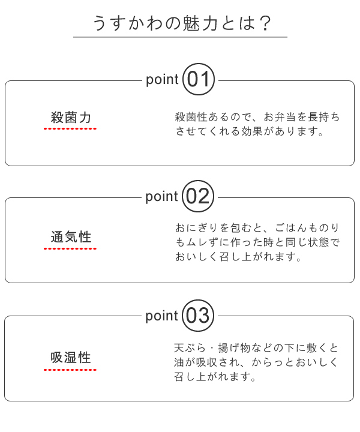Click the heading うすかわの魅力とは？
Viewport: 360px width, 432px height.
point(180,23)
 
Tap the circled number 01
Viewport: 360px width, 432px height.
point(198,79)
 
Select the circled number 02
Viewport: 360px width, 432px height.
point(198,196)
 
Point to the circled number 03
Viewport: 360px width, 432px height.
point(198,315)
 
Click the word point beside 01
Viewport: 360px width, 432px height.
point(162,79)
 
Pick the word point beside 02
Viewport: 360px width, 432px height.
point(162,197)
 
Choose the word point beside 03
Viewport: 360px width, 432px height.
point(162,316)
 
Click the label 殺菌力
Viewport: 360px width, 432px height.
point(71,117)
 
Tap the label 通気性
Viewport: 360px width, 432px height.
point(71,236)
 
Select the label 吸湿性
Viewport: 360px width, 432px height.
point(71,358)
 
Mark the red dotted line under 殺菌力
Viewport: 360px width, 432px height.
point(70,128)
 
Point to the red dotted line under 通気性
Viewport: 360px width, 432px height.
point(70,247)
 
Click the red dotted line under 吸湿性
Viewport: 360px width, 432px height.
point(70,369)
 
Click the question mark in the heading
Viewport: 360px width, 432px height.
point(266,23)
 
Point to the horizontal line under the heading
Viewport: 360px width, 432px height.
point(180,37)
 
